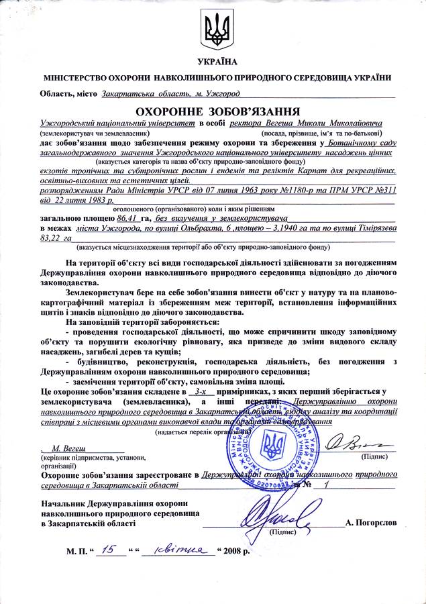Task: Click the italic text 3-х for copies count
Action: [201, 390]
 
